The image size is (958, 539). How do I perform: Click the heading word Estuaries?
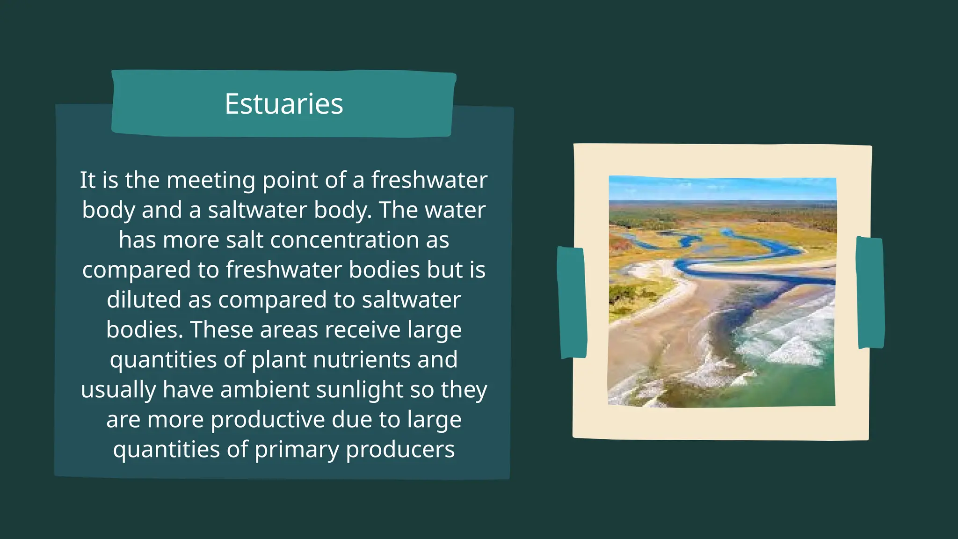(283, 104)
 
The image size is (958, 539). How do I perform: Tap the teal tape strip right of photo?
(870, 293)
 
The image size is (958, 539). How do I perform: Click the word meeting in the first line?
(210, 180)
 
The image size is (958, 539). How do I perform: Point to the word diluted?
(144, 300)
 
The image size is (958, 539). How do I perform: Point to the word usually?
(118, 390)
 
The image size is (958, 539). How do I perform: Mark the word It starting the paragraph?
(87, 180)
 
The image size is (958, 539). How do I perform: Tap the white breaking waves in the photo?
(791, 346)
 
